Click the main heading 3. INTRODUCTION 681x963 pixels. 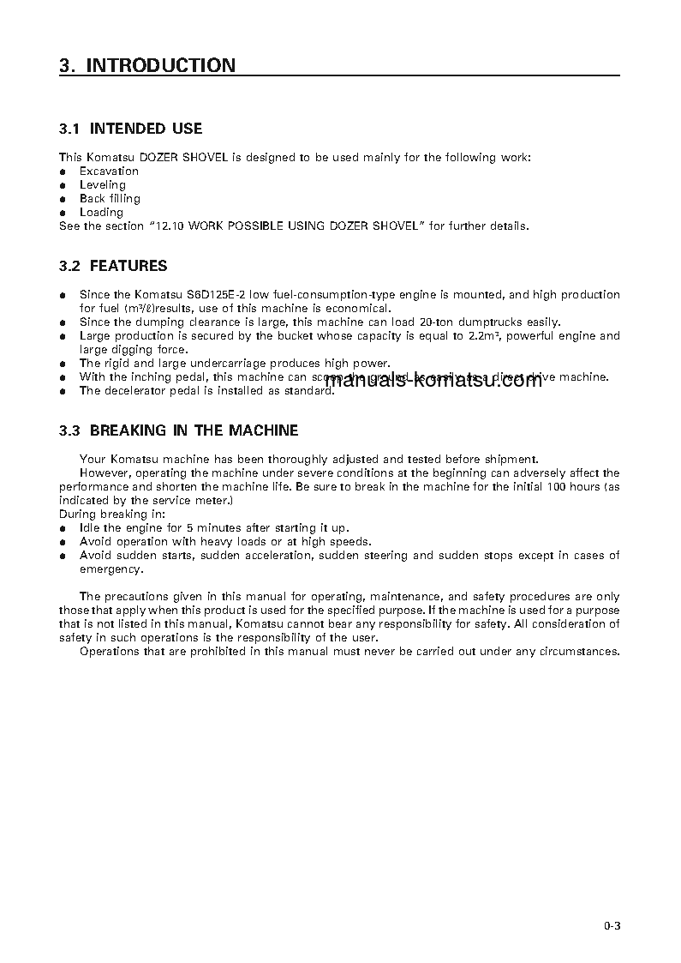(x=146, y=65)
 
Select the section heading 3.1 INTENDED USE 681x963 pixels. (x=130, y=129)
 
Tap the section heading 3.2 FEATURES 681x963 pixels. (x=113, y=266)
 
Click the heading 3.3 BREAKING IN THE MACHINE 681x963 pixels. (x=178, y=430)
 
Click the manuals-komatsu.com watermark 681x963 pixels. (x=434, y=381)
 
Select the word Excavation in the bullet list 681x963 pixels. (x=109, y=172)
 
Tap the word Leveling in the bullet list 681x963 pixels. (x=103, y=185)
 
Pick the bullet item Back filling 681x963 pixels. (x=110, y=199)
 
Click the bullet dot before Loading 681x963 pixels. (x=63, y=213)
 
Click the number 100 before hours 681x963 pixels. (x=539, y=487)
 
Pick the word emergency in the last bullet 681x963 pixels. (x=111, y=569)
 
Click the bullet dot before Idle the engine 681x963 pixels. (x=63, y=528)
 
